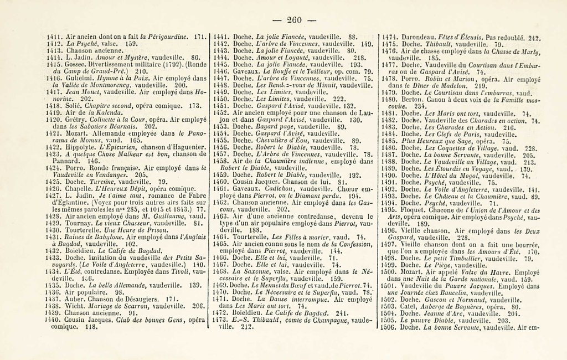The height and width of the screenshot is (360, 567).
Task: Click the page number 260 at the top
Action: click(x=293, y=20)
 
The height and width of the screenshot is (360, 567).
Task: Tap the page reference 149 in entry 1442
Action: click(x=366, y=43)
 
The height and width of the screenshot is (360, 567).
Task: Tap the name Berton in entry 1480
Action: click(x=413, y=100)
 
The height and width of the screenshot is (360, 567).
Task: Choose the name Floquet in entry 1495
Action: click(x=414, y=210)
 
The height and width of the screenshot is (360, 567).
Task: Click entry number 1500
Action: click(x=390, y=272)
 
